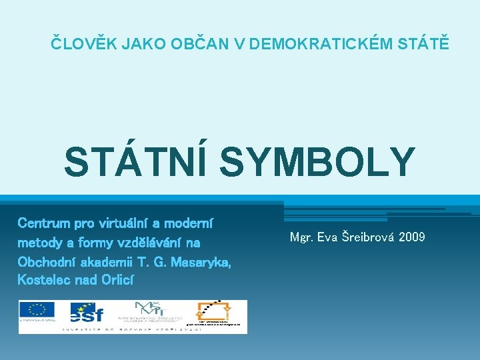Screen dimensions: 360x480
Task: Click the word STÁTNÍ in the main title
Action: pos(137,161)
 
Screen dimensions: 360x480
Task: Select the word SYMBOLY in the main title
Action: pos(316,161)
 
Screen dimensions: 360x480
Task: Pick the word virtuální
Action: pos(126,222)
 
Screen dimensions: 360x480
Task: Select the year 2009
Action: pos(412,237)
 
